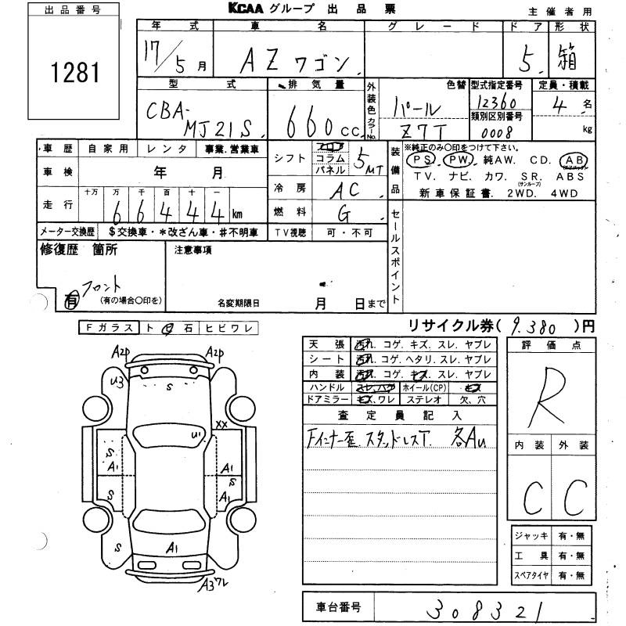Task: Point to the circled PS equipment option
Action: tap(424, 159)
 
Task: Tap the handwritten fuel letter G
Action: tap(345, 212)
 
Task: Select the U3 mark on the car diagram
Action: tap(118, 382)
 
